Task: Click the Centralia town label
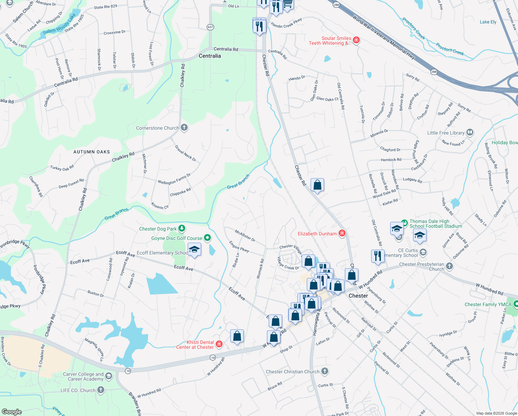coord(209,56)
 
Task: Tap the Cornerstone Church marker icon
coord(184,128)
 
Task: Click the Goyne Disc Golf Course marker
coord(207,238)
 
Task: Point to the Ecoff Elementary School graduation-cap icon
coord(194,250)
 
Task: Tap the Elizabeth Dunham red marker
coord(342,233)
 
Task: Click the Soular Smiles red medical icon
coord(356,40)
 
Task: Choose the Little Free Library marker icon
coord(470,132)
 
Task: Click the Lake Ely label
coord(488,22)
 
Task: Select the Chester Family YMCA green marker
coord(516,304)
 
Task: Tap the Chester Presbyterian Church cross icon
coord(449,266)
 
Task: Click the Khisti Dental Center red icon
coord(219,344)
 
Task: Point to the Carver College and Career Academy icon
coord(109,376)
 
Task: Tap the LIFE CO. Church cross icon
coord(100,390)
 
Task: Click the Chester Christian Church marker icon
coord(324,371)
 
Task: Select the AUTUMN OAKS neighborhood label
coord(91,152)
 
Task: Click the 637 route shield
coord(210,27)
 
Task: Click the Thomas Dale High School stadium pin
coord(404,222)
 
